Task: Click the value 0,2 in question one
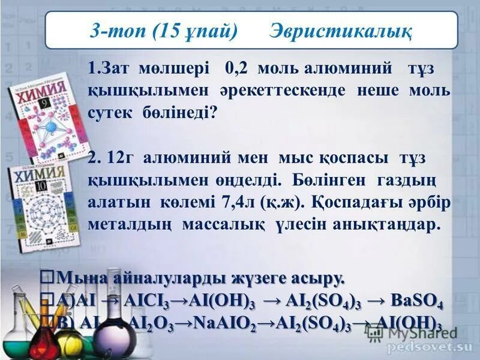pos(239,67)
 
